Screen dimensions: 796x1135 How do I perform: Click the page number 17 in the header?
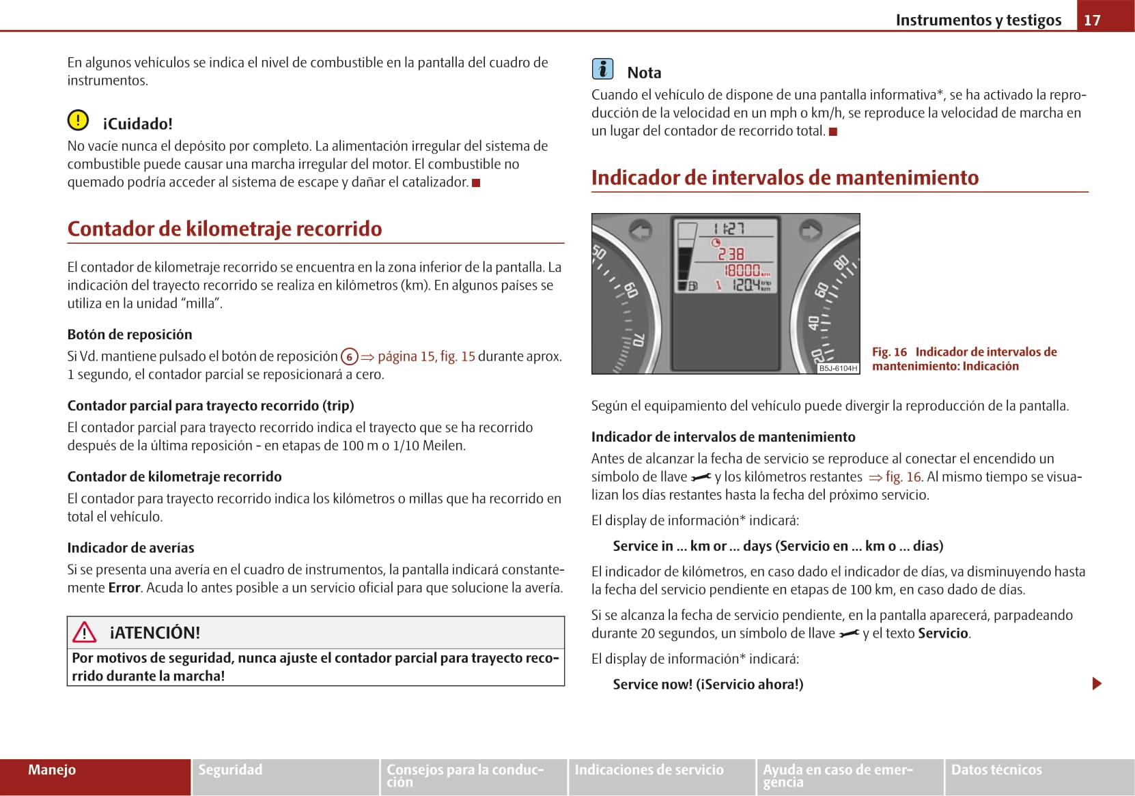coord(1092,20)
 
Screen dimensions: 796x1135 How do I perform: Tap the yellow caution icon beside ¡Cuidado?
coord(78,121)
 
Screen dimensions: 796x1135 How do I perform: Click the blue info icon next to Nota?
coord(602,69)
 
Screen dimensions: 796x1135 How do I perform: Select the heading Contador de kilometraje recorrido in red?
coord(225,229)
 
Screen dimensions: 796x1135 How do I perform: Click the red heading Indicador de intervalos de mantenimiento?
coord(785,177)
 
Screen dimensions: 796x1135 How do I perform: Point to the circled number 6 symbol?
coord(349,356)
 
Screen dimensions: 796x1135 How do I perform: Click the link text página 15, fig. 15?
coord(425,356)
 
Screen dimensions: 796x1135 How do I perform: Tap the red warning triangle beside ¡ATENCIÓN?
coord(85,632)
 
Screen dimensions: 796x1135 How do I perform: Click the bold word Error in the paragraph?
coord(124,588)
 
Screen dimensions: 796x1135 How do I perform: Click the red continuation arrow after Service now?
coord(1097,683)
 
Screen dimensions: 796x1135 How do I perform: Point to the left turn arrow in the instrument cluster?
coord(640,231)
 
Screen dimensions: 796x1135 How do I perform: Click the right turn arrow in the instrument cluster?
coord(810,231)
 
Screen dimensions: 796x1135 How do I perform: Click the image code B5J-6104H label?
coord(838,368)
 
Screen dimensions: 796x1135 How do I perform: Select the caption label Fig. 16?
coord(889,352)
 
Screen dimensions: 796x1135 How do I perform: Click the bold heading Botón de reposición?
coord(130,335)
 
